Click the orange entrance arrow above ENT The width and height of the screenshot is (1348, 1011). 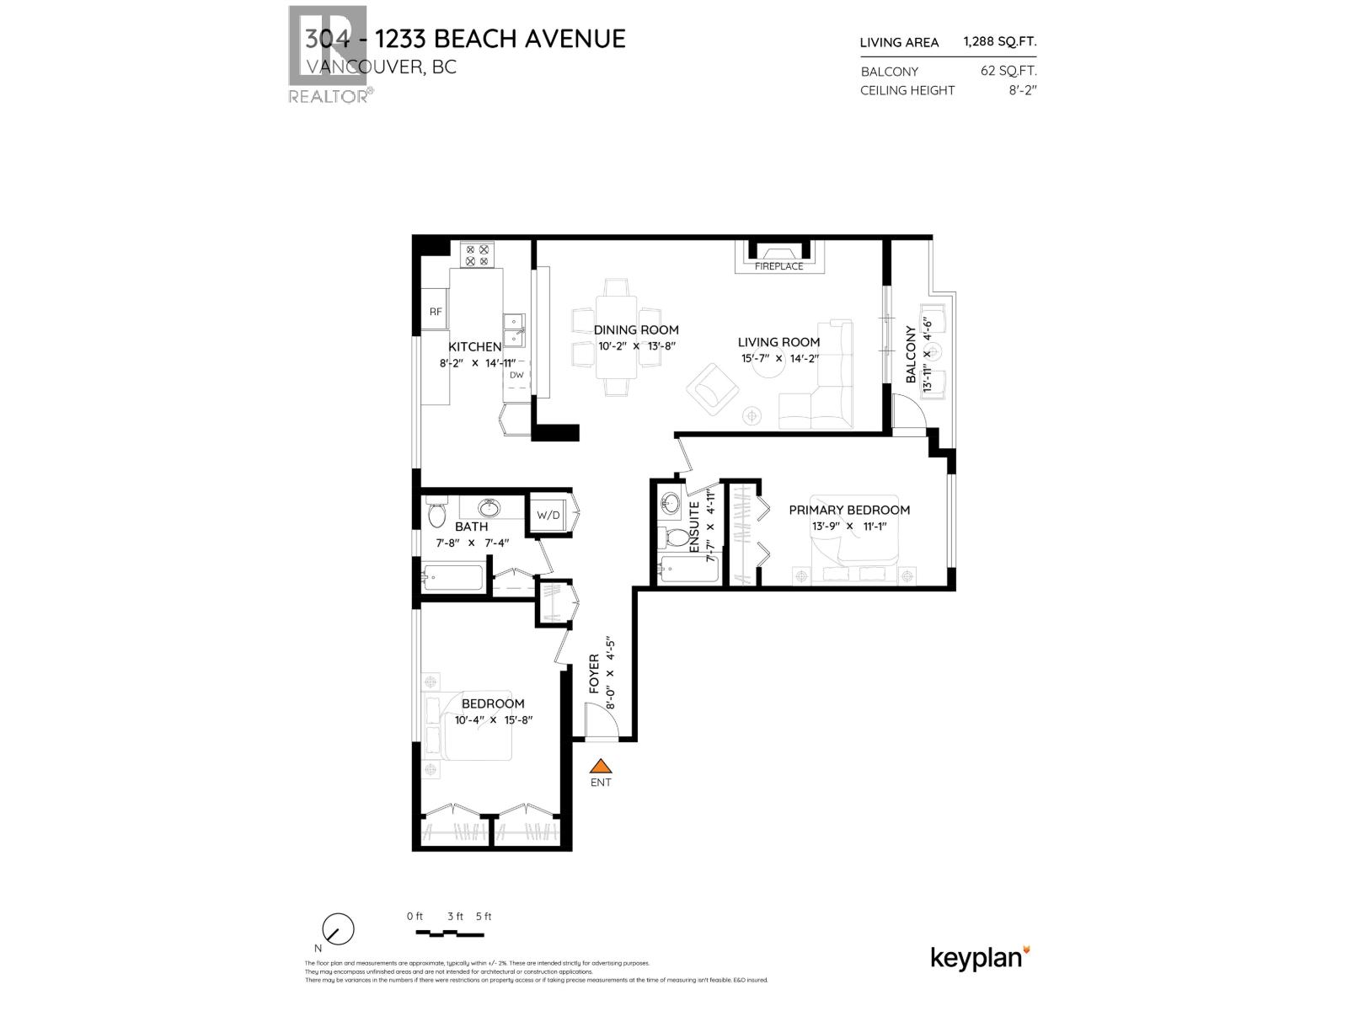pyautogui.click(x=600, y=766)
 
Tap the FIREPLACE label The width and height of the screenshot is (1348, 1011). pyautogui.click(x=778, y=266)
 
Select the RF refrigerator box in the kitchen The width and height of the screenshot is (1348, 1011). pyautogui.click(x=435, y=311)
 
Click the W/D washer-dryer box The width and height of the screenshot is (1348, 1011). pyautogui.click(x=548, y=515)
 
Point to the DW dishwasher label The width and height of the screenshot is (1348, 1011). pyautogui.click(x=516, y=375)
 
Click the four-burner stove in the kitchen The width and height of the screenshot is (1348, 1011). pyautogui.click(x=478, y=254)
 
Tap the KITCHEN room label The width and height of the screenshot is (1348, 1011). pyautogui.click(x=474, y=346)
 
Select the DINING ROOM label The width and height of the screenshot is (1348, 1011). pyautogui.click(x=635, y=329)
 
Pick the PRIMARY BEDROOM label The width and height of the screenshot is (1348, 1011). pyautogui.click(x=848, y=510)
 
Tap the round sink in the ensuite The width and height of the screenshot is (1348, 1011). pyautogui.click(x=671, y=503)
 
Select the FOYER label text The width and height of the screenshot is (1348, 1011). pyautogui.click(x=594, y=674)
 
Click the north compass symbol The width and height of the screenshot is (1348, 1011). pyautogui.click(x=339, y=930)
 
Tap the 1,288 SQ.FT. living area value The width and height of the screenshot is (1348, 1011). pyautogui.click(x=1000, y=41)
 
